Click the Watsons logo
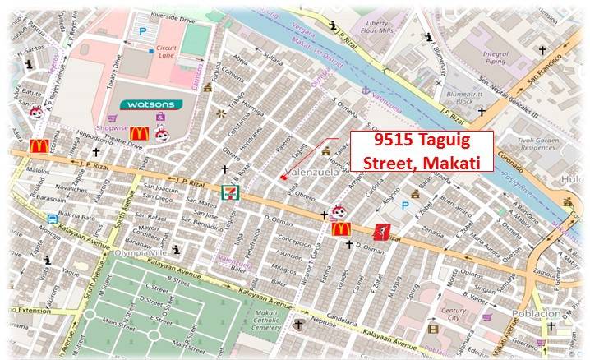coord(149,104)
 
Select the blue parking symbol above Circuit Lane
coord(142,30)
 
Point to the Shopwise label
coord(111,128)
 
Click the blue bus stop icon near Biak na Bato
coord(53,219)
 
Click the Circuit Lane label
coord(167,54)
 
